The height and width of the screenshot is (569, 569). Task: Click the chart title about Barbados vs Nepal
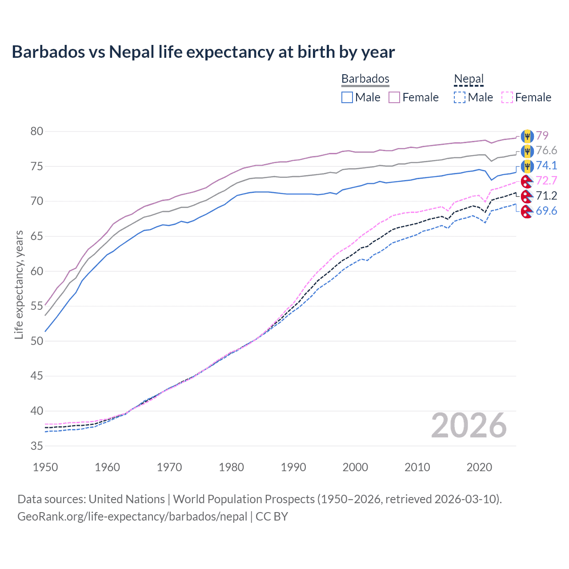[x=203, y=52]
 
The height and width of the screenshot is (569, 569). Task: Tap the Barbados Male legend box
[x=347, y=97]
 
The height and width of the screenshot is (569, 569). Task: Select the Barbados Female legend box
[x=394, y=97]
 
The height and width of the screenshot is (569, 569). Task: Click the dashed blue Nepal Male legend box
[x=460, y=97]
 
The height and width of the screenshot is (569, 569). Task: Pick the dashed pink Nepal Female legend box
[x=507, y=97]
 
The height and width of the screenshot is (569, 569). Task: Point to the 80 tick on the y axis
[x=37, y=131]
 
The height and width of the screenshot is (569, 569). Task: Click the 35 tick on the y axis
[x=37, y=446]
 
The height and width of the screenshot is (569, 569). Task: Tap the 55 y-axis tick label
[x=37, y=306]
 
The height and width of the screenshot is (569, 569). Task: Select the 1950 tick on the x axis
[x=45, y=467]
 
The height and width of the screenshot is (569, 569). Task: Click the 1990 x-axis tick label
[x=293, y=467]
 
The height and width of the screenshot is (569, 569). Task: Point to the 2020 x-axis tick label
[x=479, y=467]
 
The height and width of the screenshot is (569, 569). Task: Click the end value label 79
[x=542, y=136]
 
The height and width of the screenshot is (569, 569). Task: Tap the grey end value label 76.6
[x=546, y=151]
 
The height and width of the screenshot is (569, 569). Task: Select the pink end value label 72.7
[x=546, y=180]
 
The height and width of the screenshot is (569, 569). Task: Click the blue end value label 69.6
[x=546, y=211]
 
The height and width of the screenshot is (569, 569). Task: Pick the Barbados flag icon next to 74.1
[x=527, y=166]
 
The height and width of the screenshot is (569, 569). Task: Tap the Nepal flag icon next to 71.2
[x=527, y=196]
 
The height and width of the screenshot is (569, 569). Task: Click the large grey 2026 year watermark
[x=469, y=426]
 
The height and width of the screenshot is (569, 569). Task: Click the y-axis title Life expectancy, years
[x=19, y=284]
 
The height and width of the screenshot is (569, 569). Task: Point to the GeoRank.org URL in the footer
[x=132, y=517]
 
